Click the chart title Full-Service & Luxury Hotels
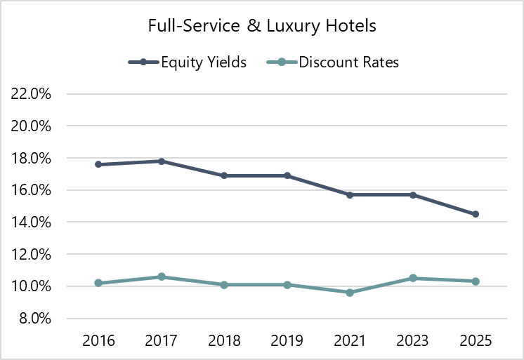[262, 27]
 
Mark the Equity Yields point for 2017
[162, 161]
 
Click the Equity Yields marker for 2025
[476, 214]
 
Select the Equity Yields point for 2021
[350, 194]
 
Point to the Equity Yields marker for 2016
[98, 164]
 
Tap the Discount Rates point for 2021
[350, 292]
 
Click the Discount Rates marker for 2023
[413, 278]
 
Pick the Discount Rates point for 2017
[162, 276]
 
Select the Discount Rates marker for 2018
[224, 285]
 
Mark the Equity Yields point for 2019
[287, 175]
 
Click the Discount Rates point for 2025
[476, 281]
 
